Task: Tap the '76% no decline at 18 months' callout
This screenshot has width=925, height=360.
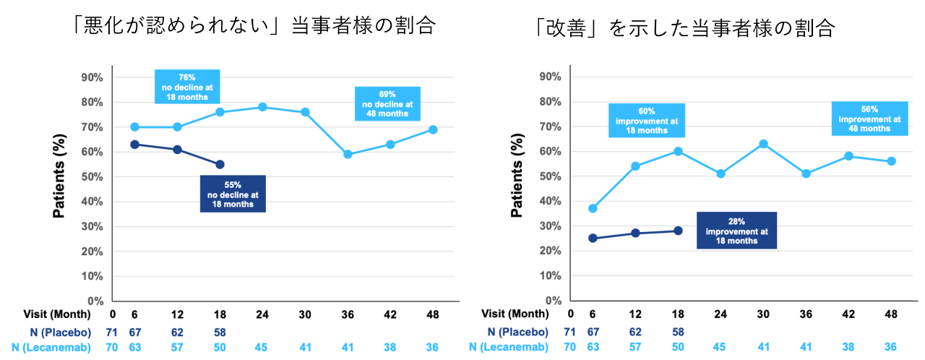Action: click(x=187, y=87)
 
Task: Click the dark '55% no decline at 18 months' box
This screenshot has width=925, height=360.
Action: click(x=233, y=194)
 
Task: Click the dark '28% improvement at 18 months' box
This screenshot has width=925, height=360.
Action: click(x=736, y=230)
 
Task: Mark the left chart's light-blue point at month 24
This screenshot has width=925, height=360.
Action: click(x=262, y=107)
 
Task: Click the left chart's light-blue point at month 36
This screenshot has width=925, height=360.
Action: click(x=348, y=154)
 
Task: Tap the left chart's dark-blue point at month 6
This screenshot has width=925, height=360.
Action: click(x=134, y=145)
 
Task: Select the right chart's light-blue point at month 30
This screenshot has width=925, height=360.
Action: click(x=763, y=144)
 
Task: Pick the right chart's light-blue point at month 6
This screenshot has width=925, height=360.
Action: click(x=593, y=208)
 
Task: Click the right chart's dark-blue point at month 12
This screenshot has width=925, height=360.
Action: click(x=635, y=233)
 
